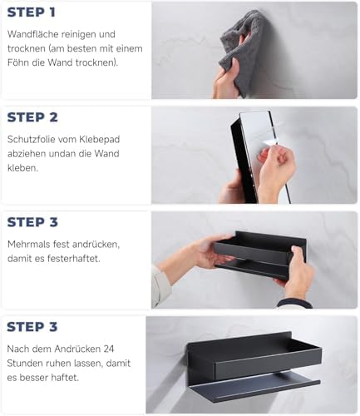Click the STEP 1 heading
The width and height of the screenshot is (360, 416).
pos(32,12)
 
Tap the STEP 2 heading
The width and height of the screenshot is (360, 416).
pos(32,117)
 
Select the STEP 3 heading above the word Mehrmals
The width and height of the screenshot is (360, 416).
pos(32,222)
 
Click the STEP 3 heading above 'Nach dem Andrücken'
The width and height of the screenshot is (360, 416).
pos(32,327)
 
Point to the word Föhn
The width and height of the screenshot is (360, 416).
pos(18,62)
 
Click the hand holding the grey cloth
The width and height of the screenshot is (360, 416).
pos(226,81)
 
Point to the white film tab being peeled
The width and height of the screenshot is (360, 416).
pos(269,142)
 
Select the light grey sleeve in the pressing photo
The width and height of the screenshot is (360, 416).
pos(160,285)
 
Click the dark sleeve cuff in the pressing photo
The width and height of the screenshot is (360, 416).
pos(293,304)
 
